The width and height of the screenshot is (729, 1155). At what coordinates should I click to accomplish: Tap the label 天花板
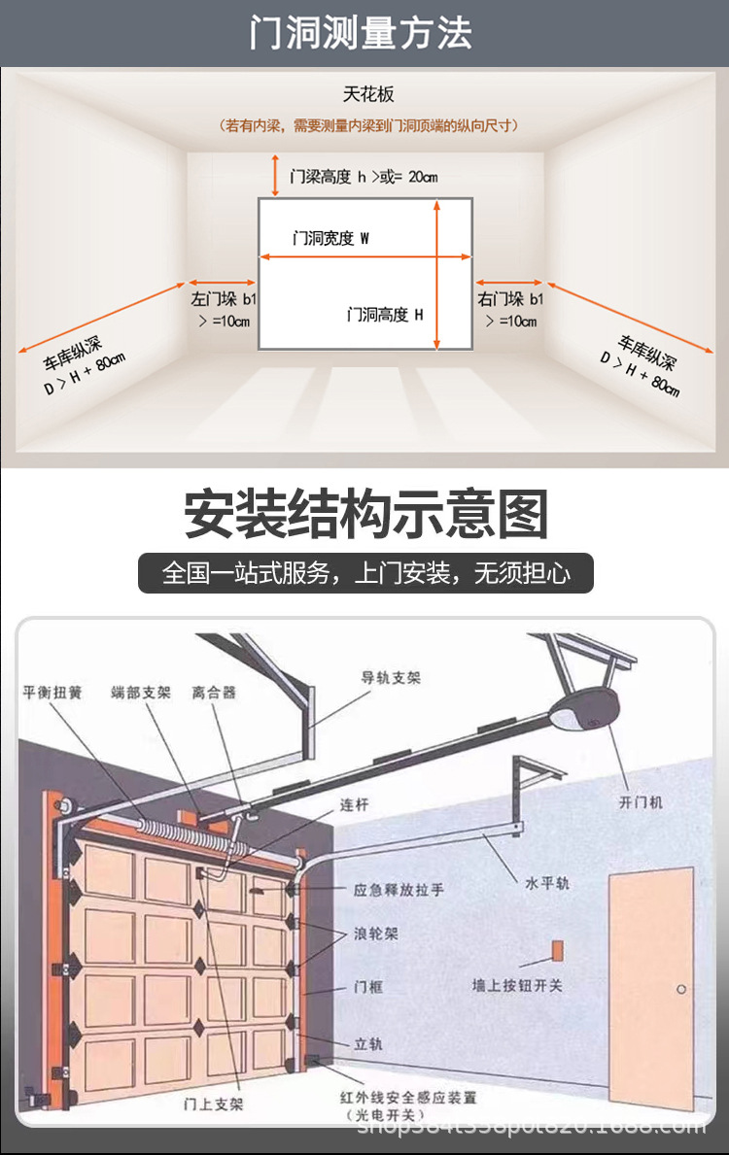click(x=368, y=94)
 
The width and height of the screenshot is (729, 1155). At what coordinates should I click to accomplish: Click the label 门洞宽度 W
click(x=331, y=238)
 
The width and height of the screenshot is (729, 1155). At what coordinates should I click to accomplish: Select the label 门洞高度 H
click(x=385, y=315)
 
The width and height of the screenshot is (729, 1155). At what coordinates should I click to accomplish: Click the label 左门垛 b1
click(x=223, y=299)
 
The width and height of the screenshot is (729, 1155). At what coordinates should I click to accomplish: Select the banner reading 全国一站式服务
click(x=365, y=573)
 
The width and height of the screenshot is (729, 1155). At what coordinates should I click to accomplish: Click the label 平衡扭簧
click(x=52, y=693)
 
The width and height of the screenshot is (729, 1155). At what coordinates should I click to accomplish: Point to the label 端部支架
click(x=141, y=693)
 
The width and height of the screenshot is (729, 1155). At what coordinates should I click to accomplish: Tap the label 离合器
click(x=214, y=693)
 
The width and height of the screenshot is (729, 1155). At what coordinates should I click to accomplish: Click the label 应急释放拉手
click(x=398, y=889)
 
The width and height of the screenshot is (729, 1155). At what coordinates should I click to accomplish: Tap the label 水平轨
click(x=548, y=883)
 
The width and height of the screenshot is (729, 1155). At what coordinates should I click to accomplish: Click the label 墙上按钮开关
click(x=517, y=985)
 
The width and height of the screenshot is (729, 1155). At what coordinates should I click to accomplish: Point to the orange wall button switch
click(x=557, y=949)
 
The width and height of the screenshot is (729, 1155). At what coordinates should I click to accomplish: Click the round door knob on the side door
click(x=681, y=990)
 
